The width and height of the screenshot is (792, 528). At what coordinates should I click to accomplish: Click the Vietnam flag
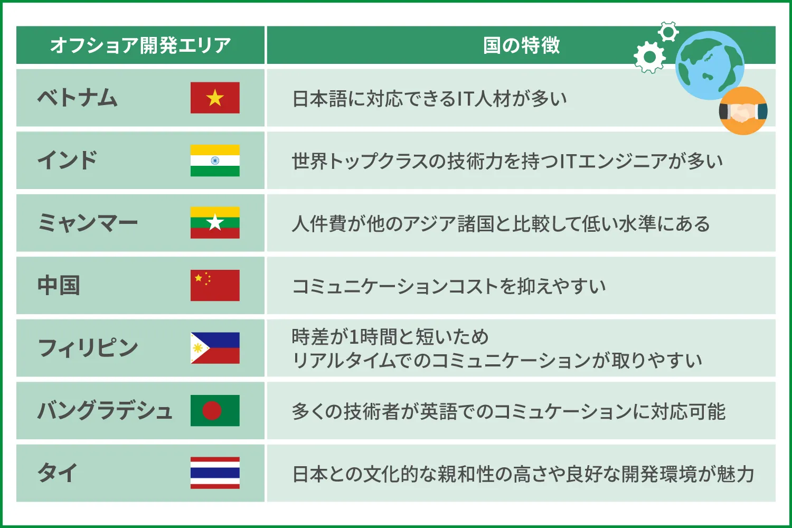pos(215,98)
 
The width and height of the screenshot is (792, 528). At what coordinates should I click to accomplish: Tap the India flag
pos(215,161)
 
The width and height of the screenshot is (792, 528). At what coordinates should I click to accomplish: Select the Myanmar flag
pos(215,223)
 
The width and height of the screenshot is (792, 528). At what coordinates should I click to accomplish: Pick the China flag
pos(215,285)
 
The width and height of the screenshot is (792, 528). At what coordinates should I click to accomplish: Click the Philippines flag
pos(215,348)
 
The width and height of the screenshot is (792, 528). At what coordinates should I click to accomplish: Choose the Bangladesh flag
pos(215,410)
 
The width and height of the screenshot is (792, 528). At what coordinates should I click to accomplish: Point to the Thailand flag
pos(215,473)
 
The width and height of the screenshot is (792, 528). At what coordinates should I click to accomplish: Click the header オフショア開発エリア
pos(140,45)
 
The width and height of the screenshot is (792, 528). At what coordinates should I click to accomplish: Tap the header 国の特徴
pos(521,45)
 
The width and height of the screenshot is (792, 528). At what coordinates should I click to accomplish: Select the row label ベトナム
pos(78,98)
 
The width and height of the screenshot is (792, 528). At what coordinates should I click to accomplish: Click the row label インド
pos(68,161)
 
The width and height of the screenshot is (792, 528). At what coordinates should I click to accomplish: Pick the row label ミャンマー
pos(88,223)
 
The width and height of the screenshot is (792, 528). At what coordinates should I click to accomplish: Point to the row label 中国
pos(59,286)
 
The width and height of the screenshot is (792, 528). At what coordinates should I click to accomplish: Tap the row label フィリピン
pos(88,348)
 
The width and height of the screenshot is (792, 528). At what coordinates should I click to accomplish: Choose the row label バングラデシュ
pos(105,411)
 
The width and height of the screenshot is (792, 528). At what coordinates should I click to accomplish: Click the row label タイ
pos(58,473)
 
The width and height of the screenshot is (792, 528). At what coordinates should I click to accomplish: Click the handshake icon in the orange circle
pos(743,111)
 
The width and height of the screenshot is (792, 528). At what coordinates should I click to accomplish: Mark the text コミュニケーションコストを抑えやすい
pos(449,286)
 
